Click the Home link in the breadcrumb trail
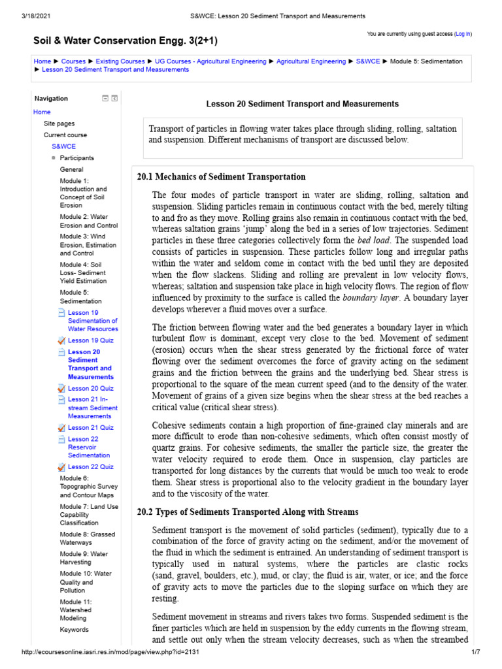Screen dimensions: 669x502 pos(42,61)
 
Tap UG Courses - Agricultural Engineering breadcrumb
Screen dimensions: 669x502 pos(210,61)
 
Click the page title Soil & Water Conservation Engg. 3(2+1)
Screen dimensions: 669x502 pos(125,41)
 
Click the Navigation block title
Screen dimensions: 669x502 pos(51,99)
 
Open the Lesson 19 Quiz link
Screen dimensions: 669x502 pos(90,340)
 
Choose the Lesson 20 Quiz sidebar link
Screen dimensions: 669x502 pos(90,388)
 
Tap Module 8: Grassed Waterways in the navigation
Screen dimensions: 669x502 pos(88,538)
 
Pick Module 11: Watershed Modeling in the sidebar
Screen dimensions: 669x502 pos(77,610)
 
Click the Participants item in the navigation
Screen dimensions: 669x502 pos(77,158)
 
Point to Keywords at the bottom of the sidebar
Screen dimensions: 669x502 pos(74,630)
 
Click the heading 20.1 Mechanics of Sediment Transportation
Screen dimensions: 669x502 pos(221,177)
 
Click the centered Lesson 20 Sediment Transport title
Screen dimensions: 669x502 pos(303,104)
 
